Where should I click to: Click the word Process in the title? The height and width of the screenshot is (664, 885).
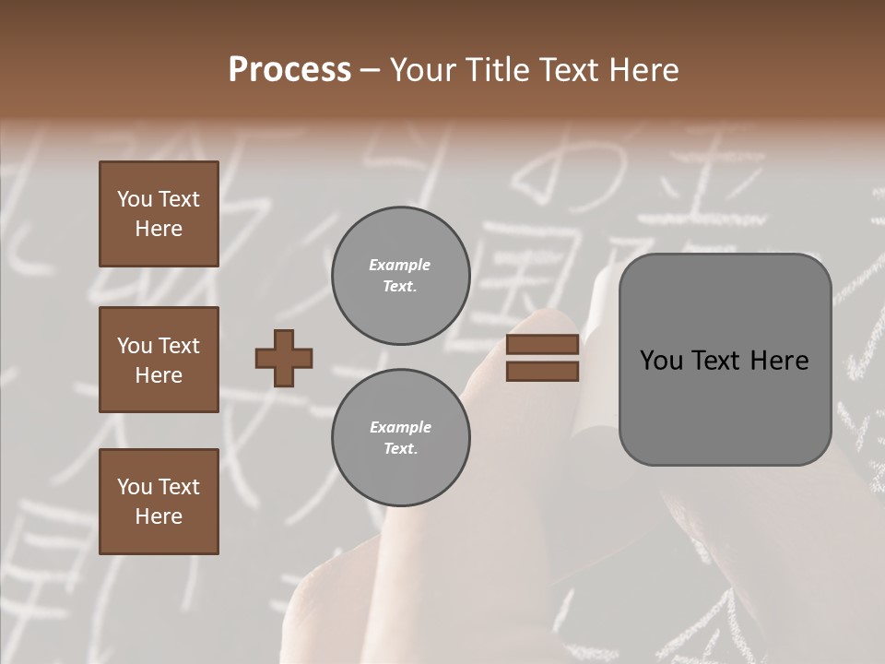(289, 70)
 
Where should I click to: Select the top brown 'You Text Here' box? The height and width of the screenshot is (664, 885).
(159, 214)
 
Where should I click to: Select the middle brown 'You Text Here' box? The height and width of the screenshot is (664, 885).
(159, 360)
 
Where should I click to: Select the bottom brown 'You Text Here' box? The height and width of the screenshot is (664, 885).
(159, 502)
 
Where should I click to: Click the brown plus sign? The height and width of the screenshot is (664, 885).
(284, 358)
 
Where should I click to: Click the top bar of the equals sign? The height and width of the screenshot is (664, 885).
(542, 344)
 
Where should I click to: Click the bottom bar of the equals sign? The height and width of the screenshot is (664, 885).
(542, 372)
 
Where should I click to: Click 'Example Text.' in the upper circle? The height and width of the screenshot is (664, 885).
(400, 276)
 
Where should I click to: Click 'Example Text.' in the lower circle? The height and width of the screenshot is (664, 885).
(400, 438)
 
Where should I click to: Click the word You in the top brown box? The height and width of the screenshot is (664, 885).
(133, 199)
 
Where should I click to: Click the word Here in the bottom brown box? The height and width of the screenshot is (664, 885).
(159, 516)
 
